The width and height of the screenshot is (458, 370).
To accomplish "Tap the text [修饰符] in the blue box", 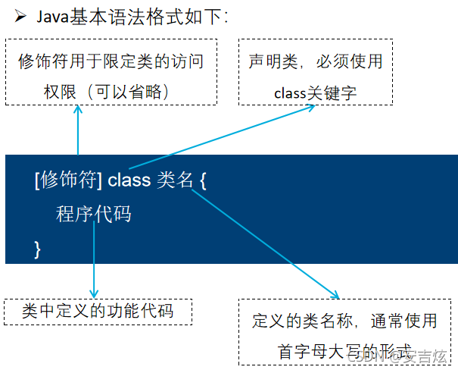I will (68, 180).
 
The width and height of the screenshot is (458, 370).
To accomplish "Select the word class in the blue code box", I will (129, 180).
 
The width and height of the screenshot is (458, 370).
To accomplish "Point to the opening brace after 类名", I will (203, 180).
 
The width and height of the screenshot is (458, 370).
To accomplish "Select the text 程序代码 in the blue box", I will (93, 215).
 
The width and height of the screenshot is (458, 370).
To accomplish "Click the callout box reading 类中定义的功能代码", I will (98, 311).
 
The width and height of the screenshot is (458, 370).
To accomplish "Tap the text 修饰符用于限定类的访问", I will (111, 62).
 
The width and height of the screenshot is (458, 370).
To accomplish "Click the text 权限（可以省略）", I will (110, 91).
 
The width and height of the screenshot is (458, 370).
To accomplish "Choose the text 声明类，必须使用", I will (316, 62).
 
